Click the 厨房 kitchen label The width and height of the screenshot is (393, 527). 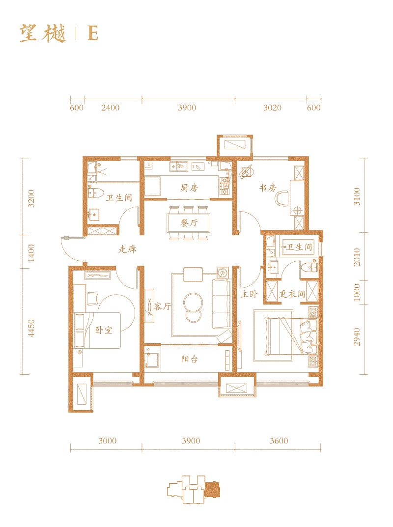pyautogui.click(x=189, y=188)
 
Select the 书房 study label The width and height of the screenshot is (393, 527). pyautogui.click(x=268, y=188)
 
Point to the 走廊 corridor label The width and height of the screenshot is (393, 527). pyautogui.click(x=127, y=250)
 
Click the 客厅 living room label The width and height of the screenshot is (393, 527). pyautogui.click(x=162, y=307)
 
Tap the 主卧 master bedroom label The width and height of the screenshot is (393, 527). pyautogui.click(x=249, y=295)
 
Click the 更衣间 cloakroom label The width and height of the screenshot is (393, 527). pyautogui.click(x=292, y=295)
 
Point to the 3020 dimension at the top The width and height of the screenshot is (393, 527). pyautogui.click(x=272, y=108)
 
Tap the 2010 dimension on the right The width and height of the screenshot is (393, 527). pyautogui.click(x=357, y=257)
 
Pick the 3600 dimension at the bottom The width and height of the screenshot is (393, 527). pyautogui.click(x=279, y=441)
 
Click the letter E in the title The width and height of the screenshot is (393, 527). pyautogui.click(x=92, y=33)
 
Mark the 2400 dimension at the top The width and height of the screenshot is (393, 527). pyautogui.click(x=110, y=108)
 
